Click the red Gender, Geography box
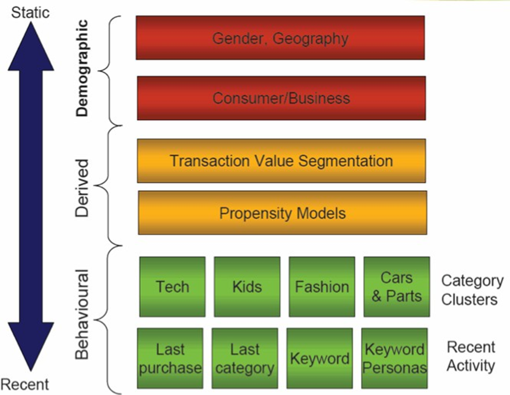(x=280, y=38)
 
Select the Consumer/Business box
(x=281, y=98)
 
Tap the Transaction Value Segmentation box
(x=281, y=161)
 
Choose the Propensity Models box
(x=282, y=213)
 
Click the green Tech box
(x=172, y=287)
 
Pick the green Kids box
(x=247, y=287)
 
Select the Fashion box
(x=322, y=287)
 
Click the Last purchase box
(x=170, y=358)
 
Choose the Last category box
(x=245, y=358)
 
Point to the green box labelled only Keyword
(x=320, y=358)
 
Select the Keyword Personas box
(x=394, y=358)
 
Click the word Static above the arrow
(x=30, y=12)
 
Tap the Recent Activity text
(x=471, y=356)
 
